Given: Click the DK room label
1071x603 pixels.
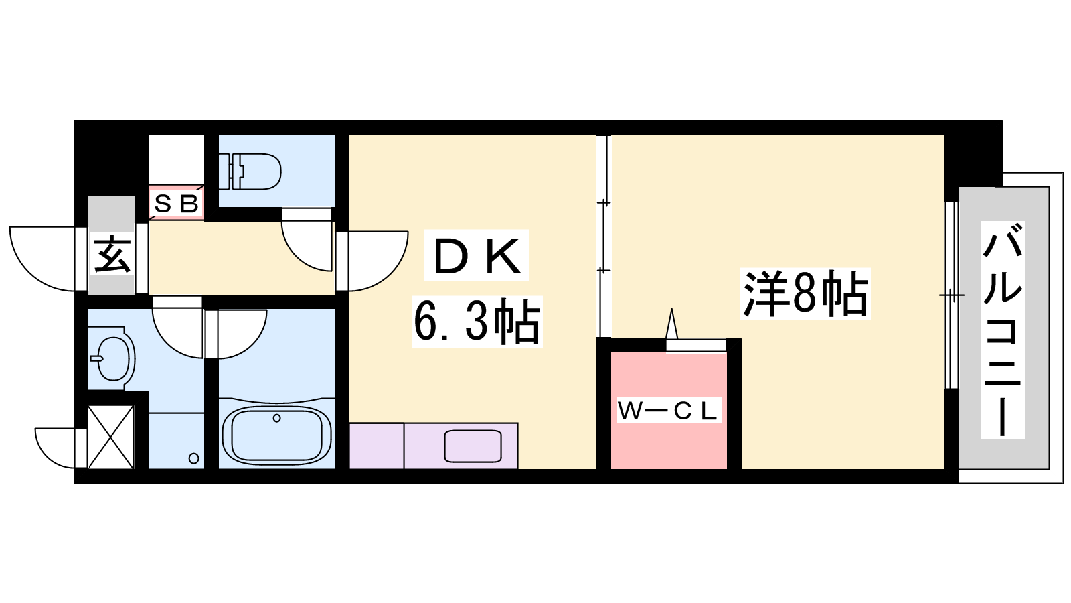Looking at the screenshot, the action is pos(476,255).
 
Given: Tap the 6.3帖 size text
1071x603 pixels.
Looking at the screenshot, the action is pos(477,321).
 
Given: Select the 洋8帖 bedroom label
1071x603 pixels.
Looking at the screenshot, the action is pos(805,293).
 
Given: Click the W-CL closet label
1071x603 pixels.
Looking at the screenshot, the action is pos(669,410).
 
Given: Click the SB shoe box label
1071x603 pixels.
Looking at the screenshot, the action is pos(177,204).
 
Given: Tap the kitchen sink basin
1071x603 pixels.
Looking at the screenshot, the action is pos(473,446).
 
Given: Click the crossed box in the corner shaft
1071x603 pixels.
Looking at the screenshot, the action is pos(111,437).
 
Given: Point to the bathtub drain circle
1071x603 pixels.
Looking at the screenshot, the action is pos(276,418).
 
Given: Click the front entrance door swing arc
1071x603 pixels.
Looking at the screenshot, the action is pos(43,259).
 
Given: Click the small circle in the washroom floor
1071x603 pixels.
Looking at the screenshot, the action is pos(193,458).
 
